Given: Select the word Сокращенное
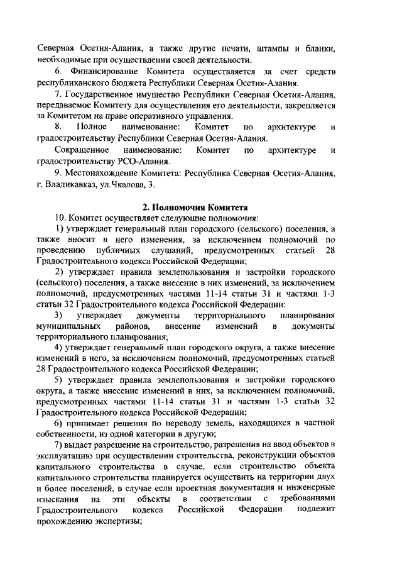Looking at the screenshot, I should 82,150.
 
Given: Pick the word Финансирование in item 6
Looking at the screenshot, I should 108,72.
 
